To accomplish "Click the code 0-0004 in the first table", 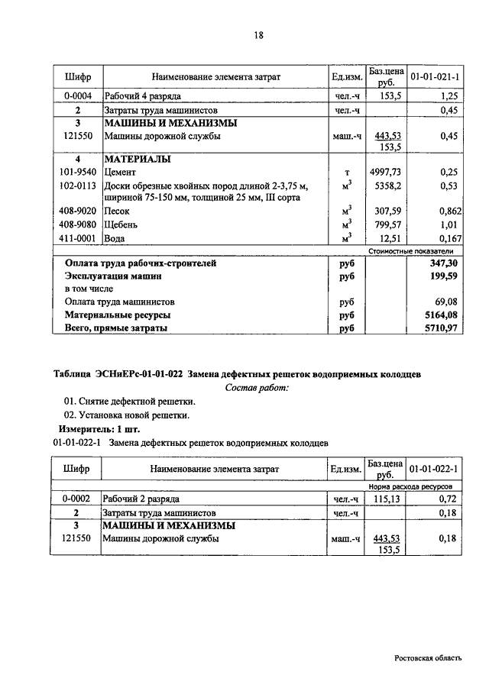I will (77, 97).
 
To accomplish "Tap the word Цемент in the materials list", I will (121, 173).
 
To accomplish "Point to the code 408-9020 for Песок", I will (77, 211).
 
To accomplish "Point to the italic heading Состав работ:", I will (257, 388).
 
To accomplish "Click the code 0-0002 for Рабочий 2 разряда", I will (77, 499).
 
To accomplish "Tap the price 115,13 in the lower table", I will (386, 499).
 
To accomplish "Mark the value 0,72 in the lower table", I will (448, 499).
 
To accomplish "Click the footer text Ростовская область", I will (428, 657).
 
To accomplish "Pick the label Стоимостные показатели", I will (411, 250).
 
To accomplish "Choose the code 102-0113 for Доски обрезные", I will (77, 186).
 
